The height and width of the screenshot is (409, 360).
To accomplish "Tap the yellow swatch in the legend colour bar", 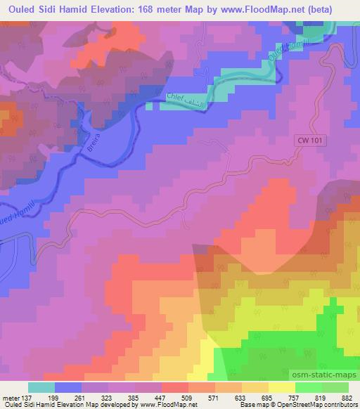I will (x=281, y=387).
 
